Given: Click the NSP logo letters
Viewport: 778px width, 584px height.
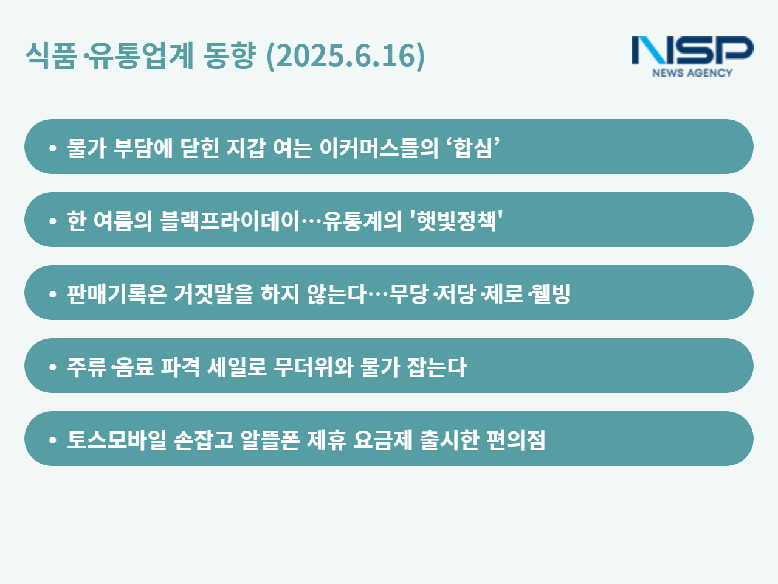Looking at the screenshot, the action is pyautogui.click(x=692, y=50).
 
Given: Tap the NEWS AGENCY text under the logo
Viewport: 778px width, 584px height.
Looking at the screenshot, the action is pyautogui.click(x=692, y=72).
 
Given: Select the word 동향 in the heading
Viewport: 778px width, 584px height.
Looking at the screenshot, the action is pyautogui.click(x=229, y=55).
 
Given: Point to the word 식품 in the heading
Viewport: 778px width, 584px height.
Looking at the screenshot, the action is pyautogui.click(x=50, y=55).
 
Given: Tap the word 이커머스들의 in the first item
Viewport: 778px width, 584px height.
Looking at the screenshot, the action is pyautogui.click(x=379, y=148).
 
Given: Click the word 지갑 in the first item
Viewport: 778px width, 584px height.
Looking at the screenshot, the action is pyautogui.click(x=246, y=148).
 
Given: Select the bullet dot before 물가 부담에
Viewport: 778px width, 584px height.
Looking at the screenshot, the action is pyautogui.click(x=53, y=148).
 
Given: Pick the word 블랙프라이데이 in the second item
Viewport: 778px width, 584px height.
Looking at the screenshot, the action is pyautogui.click(x=230, y=221).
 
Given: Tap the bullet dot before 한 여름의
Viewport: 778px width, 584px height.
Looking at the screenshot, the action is pyautogui.click(x=53, y=221).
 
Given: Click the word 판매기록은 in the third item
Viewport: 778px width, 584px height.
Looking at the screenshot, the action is pyautogui.click(x=117, y=294).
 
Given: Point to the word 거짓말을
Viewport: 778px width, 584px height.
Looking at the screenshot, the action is pyautogui.click(x=214, y=294).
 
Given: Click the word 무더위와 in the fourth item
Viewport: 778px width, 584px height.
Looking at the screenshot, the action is pyautogui.click(x=313, y=367).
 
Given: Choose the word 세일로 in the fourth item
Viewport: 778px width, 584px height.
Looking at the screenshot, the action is pyautogui.click(x=237, y=367).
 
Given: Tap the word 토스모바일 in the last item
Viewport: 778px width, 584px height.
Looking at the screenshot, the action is pyautogui.click(x=117, y=440).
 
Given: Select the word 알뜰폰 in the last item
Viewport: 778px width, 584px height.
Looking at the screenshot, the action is pyautogui.click(x=270, y=440).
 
